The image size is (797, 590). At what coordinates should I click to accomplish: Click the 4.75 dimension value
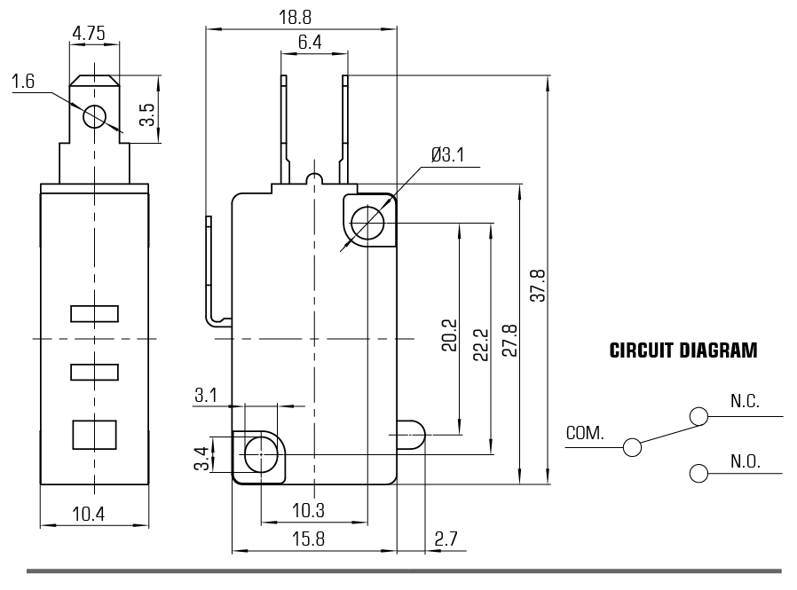[90, 34]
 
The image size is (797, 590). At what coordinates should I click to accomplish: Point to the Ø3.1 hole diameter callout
[447, 155]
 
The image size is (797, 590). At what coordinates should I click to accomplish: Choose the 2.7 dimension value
[446, 539]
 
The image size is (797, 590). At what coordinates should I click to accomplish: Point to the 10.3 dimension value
[307, 511]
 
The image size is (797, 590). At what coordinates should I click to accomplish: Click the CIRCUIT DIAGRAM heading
[683, 351]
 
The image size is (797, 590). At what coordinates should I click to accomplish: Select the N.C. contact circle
[698, 415]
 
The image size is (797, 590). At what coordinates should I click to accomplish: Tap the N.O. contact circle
[698, 472]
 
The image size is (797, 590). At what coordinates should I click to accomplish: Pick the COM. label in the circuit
[585, 435]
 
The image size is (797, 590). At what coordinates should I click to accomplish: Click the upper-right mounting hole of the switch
[366, 222]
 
